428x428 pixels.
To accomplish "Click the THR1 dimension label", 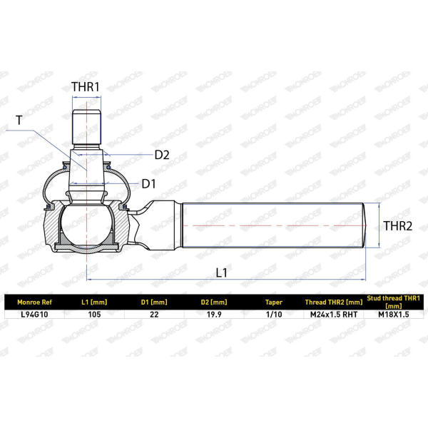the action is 86,87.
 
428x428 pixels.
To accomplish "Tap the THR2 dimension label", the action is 398,225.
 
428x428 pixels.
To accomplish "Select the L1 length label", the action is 221,272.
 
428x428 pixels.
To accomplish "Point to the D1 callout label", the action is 149,184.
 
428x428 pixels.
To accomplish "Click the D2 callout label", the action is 162,155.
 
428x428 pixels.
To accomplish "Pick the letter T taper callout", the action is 19,120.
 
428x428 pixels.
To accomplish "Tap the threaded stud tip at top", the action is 86,127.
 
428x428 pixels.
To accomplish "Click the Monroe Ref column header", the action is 34,302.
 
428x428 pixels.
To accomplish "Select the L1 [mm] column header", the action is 94,302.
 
